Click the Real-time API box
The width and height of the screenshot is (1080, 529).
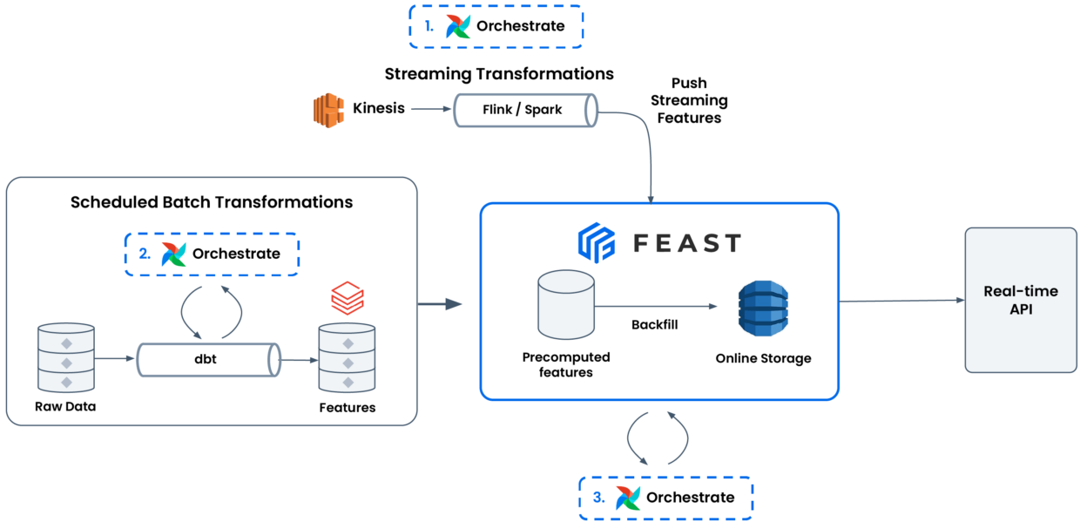[x=1020, y=301]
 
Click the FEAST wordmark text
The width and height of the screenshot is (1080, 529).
[x=687, y=243]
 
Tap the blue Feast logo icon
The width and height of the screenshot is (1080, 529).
[x=597, y=242]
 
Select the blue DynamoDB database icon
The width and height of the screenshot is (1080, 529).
[x=763, y=308]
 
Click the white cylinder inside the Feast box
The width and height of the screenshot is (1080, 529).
[x=566, y=304]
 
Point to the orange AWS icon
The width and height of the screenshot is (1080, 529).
[x=329, y=111]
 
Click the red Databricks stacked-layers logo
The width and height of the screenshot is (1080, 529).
[x=348, y=299]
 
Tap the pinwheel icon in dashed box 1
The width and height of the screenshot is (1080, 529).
[x=458, y=27]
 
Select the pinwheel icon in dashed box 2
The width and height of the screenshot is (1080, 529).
[x=174, y=254]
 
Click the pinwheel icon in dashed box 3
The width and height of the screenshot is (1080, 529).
[x=628, y=498]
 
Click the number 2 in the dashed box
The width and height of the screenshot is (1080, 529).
[x=144, y=254]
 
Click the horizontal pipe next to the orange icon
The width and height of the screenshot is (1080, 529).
[x=525, y=111]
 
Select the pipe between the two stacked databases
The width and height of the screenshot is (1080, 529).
[x=209, y=360]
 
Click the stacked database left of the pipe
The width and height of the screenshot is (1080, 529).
[x=65, y=357]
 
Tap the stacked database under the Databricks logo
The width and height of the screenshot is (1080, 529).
[x=347, y=357]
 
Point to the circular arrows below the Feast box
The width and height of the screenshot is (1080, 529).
[x=658, y=438]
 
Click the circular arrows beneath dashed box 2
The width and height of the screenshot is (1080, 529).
[x=211, y=311]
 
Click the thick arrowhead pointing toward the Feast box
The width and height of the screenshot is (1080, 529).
[x=454, y=304]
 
